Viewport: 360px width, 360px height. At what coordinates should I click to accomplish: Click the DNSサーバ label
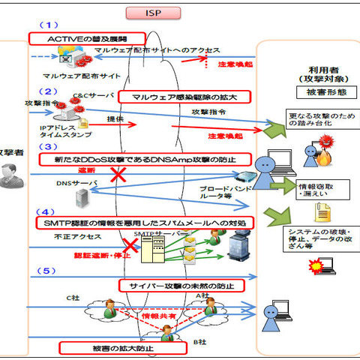point(72,181)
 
